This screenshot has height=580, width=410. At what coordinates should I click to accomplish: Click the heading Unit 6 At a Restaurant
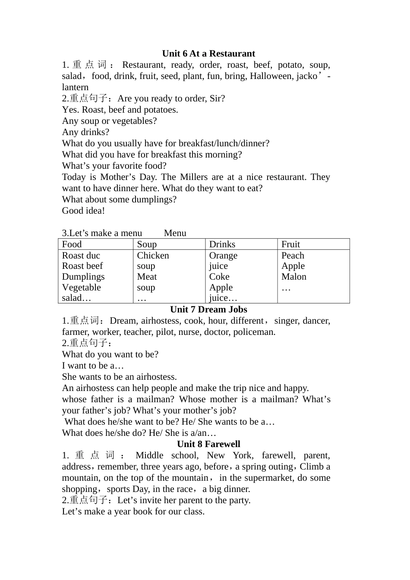208,54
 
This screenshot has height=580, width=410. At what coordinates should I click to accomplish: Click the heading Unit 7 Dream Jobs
208,309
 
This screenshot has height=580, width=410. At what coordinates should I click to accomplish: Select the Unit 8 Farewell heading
208,444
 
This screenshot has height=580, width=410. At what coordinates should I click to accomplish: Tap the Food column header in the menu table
72,244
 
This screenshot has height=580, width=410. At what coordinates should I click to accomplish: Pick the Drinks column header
222,244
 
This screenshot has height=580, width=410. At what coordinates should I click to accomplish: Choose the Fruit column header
290,244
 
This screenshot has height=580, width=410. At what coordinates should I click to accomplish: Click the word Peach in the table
293,255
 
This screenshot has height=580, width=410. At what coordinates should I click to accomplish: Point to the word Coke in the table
219,277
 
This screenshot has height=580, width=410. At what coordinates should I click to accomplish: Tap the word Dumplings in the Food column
83,277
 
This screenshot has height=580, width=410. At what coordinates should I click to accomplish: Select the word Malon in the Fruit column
294,277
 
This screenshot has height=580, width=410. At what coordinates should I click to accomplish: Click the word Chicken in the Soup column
153,255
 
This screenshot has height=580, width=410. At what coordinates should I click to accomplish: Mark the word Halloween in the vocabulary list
271,76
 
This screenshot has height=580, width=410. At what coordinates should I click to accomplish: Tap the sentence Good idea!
83,211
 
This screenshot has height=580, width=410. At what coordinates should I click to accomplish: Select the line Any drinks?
85,132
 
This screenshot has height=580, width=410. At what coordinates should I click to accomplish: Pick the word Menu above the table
175,233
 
